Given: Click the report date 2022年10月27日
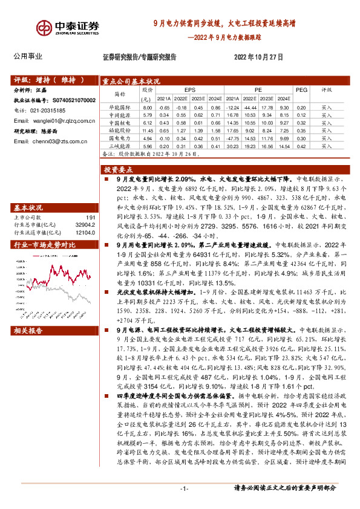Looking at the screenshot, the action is click(x=258, y=57).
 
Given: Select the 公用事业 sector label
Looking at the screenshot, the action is click(x=28, y=56).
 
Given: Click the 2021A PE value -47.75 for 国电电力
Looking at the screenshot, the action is click(x=234, y=138).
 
